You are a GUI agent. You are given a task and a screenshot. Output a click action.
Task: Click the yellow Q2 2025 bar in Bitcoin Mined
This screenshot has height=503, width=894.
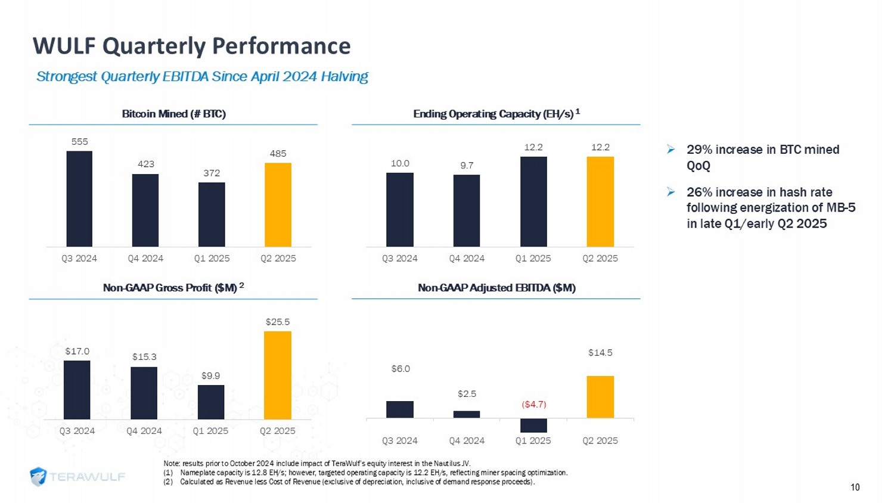point(278,204)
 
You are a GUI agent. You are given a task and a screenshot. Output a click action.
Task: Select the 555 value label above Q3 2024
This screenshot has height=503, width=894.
point(80,142)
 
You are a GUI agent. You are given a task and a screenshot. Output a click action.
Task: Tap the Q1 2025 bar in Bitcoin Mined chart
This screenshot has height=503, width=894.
point(212,215)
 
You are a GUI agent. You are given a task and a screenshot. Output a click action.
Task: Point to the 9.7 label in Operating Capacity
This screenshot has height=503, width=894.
point(467,165)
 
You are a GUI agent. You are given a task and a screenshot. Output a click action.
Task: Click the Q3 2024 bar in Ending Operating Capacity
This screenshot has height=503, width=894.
point(400,210)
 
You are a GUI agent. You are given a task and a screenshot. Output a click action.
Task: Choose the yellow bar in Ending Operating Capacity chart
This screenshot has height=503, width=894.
point(600,201)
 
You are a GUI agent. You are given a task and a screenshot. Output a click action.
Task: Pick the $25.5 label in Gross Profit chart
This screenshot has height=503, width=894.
point(278,322)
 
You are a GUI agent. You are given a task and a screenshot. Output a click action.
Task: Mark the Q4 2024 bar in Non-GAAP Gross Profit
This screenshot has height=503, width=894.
point(144,393)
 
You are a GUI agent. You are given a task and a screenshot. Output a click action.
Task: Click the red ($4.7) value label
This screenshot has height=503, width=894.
point(534,405)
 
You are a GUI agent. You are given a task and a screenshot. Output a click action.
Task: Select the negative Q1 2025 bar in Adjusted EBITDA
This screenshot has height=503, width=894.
point(533,425)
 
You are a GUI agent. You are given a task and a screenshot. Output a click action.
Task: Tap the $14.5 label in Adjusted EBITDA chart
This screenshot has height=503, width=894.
point(600,353)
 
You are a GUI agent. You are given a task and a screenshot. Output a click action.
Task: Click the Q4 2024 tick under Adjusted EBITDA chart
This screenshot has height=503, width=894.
point(467,441)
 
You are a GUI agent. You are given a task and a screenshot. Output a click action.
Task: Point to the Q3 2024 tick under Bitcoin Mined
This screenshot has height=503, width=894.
point(79,259)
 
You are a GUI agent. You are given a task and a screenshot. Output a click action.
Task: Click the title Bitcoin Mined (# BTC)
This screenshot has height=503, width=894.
point(173,114)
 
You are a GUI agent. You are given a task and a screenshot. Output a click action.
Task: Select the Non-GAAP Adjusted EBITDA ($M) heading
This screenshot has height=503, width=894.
point(496,288)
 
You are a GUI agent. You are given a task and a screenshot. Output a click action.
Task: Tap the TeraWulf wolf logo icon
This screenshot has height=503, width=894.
point(39,477)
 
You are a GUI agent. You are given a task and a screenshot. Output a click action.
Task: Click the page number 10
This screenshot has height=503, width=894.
point(855,488)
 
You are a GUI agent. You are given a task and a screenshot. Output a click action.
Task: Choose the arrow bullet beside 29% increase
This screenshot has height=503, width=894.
point(671,150)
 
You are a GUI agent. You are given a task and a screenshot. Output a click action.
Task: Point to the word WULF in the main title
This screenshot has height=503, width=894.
point(64,46)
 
